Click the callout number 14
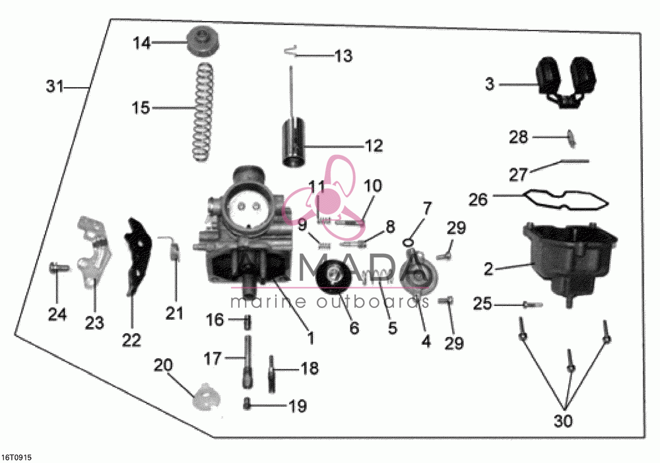coord(142,43)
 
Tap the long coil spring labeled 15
coord(203,111)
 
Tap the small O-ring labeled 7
coord(408,243)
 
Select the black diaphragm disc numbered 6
coord(335,277)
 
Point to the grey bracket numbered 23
coord(94,252)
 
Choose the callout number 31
coord(54,86)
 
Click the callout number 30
coord(563,421)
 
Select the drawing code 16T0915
coord(17,457)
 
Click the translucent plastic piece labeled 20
coord(205,396)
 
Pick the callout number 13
coord(343,56)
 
